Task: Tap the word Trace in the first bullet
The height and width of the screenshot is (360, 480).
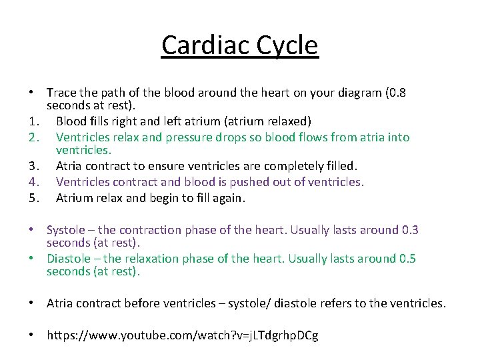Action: (x=62, y=92)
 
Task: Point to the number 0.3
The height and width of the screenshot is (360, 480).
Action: (x=409, y=230)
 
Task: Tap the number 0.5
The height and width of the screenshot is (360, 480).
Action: (x=407, y=259)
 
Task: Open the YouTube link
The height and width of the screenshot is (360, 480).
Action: (x=182, y=335)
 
